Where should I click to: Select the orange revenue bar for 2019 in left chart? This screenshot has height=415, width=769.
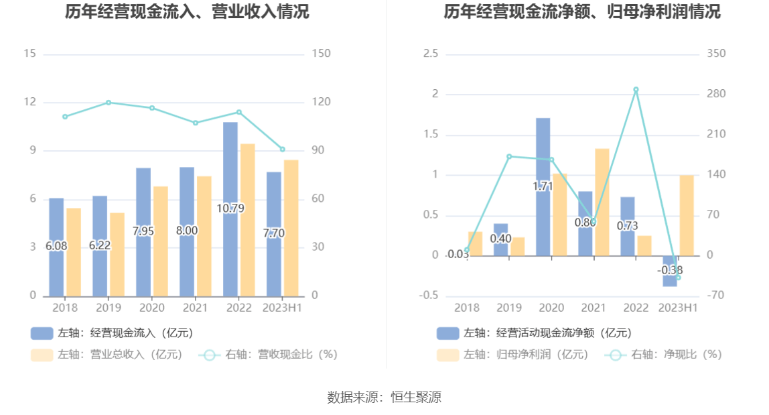pos(117,254)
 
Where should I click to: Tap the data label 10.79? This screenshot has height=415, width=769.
pos(230,209)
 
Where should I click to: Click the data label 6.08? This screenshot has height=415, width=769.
pos(56,246)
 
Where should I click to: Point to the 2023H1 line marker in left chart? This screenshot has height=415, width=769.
pos(283,150)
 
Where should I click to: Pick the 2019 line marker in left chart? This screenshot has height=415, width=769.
pos(109,103)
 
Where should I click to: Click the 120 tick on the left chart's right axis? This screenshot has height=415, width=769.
pos(322,103)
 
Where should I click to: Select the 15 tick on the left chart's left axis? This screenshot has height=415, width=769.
pos(29,54)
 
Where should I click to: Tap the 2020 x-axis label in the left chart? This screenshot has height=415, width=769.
pos(152,308)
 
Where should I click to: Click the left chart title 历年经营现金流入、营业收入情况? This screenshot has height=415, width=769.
pos(188,12)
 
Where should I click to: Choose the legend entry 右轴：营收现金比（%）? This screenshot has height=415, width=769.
pos(268,355)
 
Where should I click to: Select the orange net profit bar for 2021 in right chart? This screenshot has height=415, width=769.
pos(602,202)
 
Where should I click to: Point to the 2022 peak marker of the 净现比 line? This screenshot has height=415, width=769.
pos(636,89)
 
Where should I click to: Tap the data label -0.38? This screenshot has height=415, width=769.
pos(670,270)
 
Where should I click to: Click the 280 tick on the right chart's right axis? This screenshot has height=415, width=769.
pos(716,95)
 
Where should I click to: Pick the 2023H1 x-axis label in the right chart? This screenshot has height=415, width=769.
pos(678,308)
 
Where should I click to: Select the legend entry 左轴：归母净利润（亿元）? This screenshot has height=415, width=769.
pos(512,355)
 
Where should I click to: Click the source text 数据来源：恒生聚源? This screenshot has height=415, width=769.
pos(384,397)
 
